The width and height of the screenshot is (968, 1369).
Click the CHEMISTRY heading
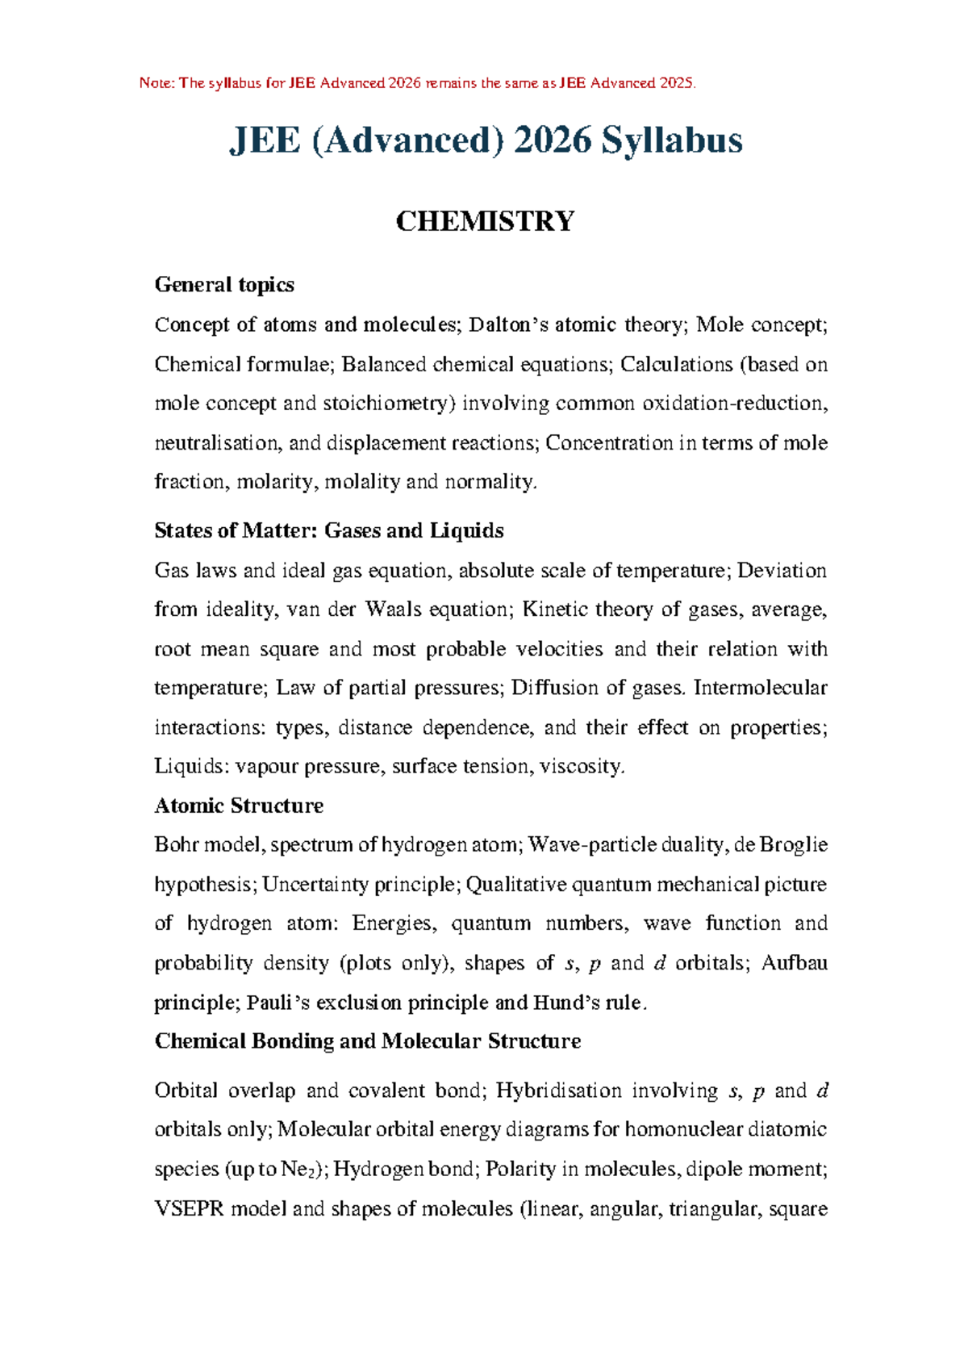point(485,221)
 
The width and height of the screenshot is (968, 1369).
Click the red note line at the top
point(417,83)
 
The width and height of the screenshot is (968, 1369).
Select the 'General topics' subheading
point(224,285)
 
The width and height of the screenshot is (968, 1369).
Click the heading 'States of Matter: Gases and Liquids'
point(329,531)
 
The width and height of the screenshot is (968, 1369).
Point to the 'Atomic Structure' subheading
point(239,806)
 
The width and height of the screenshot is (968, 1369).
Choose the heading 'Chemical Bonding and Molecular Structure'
point(368,1041)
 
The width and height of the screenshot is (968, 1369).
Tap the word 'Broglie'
point(794,845)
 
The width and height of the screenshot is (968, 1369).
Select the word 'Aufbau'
point(795,964)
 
